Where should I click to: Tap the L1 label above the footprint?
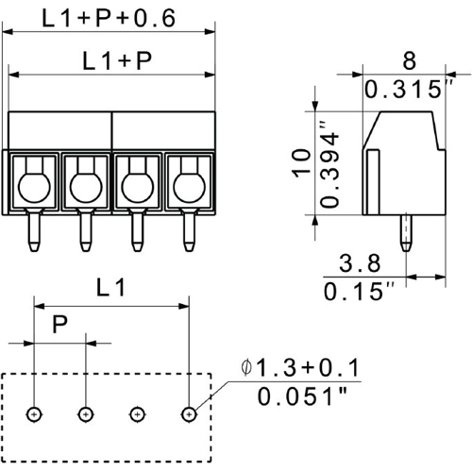coord(111,289)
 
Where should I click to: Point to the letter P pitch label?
coord(59,327)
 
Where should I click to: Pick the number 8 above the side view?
coord(408,61)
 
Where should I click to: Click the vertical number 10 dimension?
coord(299,165)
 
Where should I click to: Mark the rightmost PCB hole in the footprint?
coord(188,413)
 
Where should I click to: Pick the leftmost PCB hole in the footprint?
coord(34,413)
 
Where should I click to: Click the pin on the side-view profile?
coord(406,231)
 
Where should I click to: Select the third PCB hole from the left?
coord(137,413)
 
